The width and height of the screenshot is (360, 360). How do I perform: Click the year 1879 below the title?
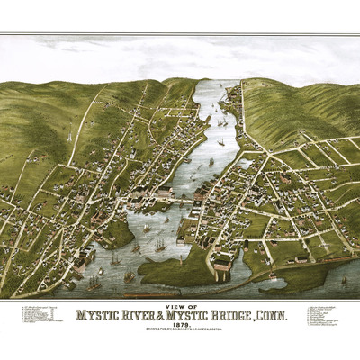pyautogui.click(x=181, y=327)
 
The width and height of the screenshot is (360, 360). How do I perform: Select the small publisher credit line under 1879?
pyautogui.click(x=181, y=332)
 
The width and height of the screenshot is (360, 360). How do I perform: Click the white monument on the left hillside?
pyautogui.click(x=69, y=136)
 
